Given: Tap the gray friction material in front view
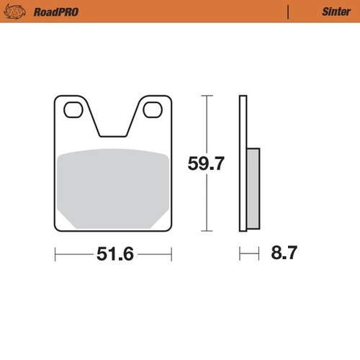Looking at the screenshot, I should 113,187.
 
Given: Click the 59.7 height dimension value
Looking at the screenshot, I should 207,163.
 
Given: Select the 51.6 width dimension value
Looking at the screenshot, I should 114,254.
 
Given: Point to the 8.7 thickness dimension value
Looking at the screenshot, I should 283,253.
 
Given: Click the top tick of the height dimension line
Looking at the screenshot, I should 207,95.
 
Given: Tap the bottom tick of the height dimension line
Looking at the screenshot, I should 207,231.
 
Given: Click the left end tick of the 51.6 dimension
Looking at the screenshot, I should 55,254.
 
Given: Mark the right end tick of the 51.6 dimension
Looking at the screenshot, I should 171,254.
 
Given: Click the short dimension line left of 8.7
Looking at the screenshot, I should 248,253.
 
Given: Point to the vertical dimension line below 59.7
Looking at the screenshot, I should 207,202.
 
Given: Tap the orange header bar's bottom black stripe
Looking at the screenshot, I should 180,22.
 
